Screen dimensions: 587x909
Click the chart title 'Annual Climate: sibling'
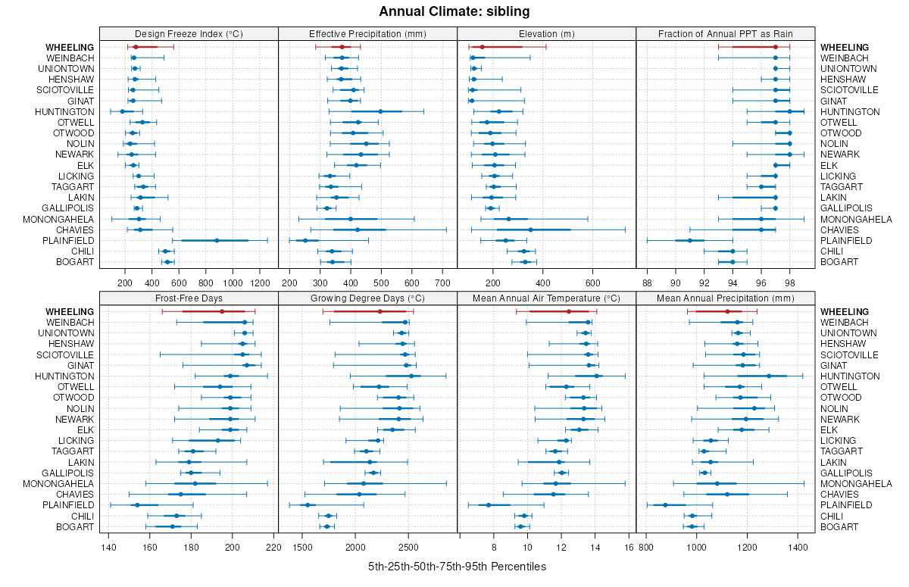[x=454, y=11]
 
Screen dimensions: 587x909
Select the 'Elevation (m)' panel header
[x=546, y=33]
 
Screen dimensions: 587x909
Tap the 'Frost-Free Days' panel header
[x=189, y=298]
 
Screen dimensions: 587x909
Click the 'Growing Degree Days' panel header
[x=367, y=298]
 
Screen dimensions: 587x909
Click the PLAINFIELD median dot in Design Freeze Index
[x=217, y=240]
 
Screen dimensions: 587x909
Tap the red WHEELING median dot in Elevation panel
[x=482, y=47]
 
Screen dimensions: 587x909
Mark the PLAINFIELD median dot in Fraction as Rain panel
[x=690, y=240]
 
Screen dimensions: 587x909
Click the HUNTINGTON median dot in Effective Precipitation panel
[x=380, y=111]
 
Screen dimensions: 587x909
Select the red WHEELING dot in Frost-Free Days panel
[x=222, y=311]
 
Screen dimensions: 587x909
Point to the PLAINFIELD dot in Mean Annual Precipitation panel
[x=666, y=505]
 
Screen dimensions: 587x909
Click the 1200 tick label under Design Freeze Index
[x=260, y=283]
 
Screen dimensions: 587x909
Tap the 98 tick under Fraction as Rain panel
[x=790, y=283]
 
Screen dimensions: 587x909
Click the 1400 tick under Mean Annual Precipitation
[x=798, y=547]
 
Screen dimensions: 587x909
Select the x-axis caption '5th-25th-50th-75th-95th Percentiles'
[x=457, y=567]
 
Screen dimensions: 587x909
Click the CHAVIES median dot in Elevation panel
[x=530, y=229]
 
